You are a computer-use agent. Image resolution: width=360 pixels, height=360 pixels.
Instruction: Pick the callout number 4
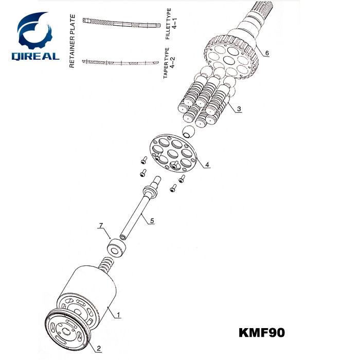pos(207,165)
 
